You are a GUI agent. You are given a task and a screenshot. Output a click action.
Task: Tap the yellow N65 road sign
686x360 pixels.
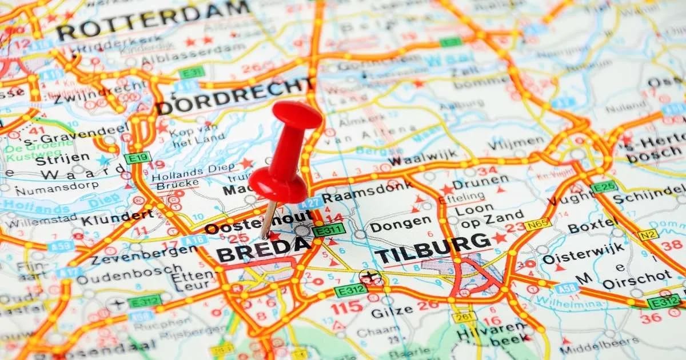pyautogui.click(x=538, y=225)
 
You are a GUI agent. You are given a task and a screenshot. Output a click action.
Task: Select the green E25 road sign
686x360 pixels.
pyautogui.click(x=604, y=187)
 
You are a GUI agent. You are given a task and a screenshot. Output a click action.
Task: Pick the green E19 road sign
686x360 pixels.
pyautogui.click(x=137, y=157)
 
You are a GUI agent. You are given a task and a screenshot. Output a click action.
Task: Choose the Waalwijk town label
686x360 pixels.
pyautogui.click(x=423, y=155)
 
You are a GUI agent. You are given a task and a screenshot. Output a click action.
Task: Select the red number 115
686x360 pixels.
pyautogui.click(x=346, y=307)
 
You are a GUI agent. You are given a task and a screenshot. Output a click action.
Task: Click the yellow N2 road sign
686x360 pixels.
pyautogui.click(x=648, y=234)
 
